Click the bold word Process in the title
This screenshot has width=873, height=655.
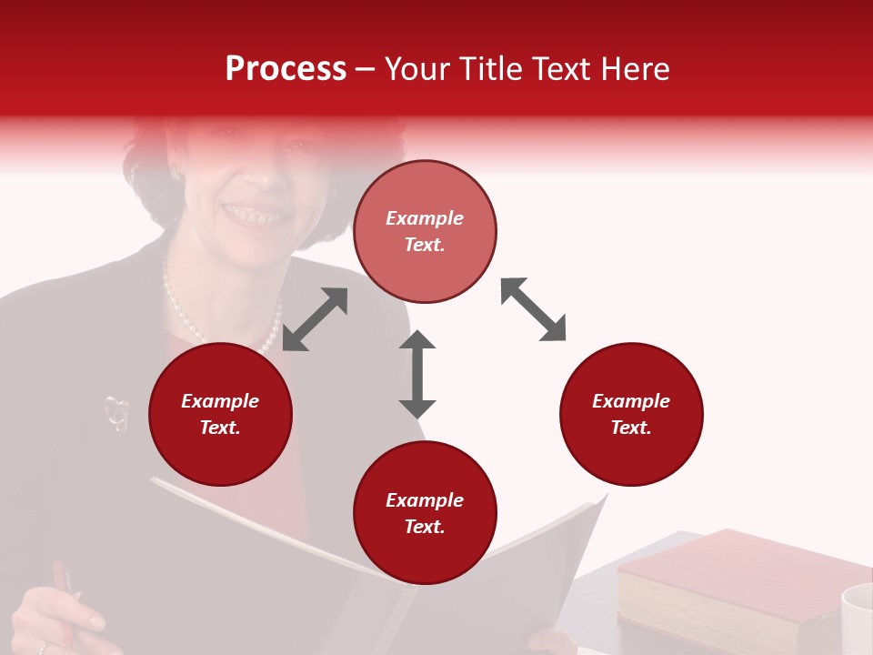(x=286, y=69)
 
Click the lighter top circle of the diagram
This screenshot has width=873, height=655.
(x=425, y=231)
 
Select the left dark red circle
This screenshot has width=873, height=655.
(x=220, y=414)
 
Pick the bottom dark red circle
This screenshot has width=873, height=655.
(x=425, y=512)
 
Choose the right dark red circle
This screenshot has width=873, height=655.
(x=631, y=414)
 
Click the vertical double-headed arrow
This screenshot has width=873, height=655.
(x=417, y=374)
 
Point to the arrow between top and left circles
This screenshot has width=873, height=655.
(x=315, y=318)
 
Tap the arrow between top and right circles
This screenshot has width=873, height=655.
(x=533, y=309)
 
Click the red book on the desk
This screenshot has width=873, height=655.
(x=727, y=582)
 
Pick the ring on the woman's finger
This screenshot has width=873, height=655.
(x=42, y=648)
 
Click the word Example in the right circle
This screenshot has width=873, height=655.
(x=631, y=401)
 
